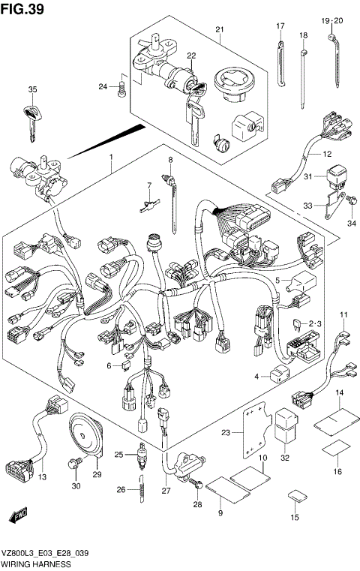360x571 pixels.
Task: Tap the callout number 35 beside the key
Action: coord(32,90)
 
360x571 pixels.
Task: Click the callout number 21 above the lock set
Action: coord(220,29)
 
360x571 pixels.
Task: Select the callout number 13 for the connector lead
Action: coord(41,478)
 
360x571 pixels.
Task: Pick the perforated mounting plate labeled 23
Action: coord(255,434)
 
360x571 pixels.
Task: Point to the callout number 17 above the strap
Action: coord(280,27)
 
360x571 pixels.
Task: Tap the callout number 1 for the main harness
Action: coord(111,157)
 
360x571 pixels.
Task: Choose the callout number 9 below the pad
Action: coord(220,512)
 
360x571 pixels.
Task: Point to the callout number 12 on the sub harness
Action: coord(326,155)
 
